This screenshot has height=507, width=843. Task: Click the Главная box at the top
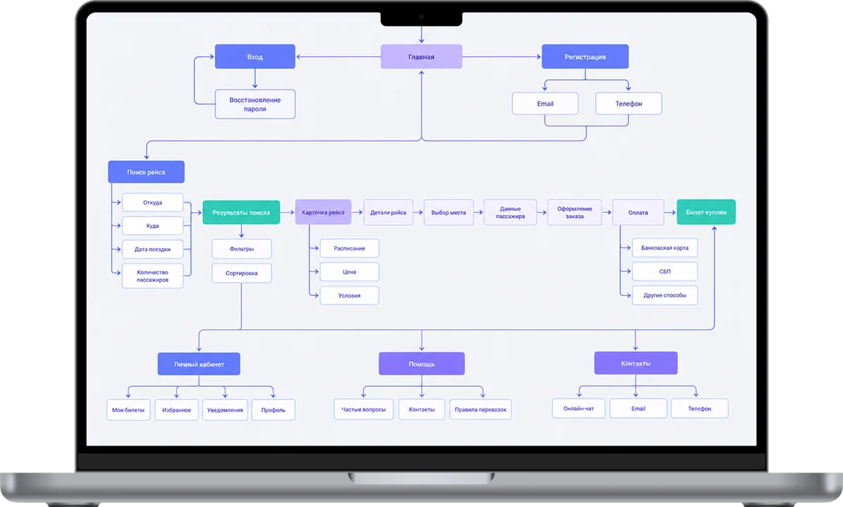coord(421,56)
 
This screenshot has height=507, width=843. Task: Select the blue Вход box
coord(255,56)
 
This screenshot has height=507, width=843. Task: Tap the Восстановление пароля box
coord(255,104)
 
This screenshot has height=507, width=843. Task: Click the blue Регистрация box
coord(584,56)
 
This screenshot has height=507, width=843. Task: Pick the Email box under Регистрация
coord(545,103)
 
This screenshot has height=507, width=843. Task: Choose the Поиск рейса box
coord(146,172)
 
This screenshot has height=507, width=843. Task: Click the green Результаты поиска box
coord(241,212)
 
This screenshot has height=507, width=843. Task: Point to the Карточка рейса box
coord(323,212)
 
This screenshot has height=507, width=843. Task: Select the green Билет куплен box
coord(706,212)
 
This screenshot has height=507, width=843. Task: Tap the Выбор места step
coord(448,212)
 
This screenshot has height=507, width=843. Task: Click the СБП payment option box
coord(665,271)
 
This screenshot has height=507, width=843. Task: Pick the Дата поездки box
coord(152,249)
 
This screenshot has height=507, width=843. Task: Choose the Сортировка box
coord(241,273)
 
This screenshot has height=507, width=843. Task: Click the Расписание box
coord(349,248)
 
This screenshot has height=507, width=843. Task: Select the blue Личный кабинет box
coord(199,364)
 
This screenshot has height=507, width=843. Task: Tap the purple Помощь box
coord(421,364)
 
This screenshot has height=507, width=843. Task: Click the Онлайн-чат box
coord(578,409)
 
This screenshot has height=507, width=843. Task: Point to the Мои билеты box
coord(128,410)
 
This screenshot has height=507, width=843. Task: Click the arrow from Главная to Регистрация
coord(502,56)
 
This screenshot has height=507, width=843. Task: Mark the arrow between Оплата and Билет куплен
coord(670,212)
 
